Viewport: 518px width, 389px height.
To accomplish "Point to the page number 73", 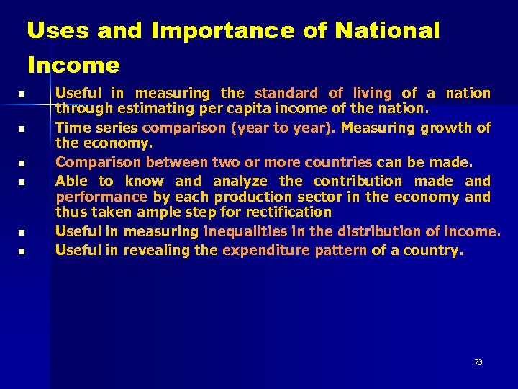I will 478,362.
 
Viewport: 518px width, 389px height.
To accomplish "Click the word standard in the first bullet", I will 286,93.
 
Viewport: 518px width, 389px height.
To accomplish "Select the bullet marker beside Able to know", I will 22,182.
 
